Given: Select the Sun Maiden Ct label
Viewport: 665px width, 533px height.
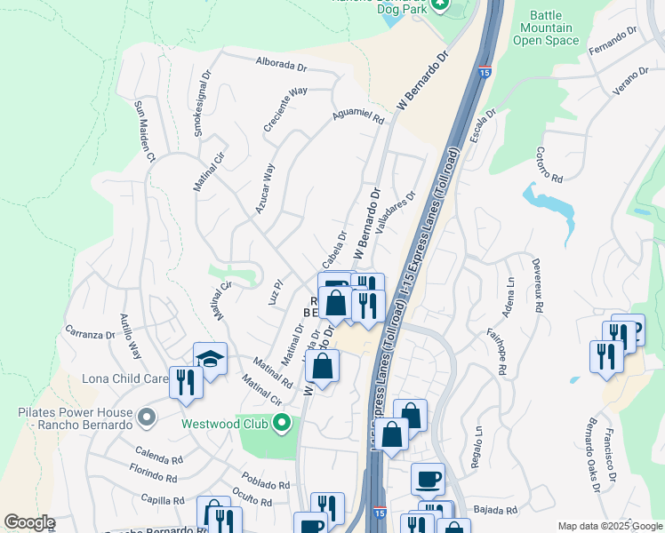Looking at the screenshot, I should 144,131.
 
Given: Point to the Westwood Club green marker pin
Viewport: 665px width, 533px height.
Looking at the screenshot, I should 283,423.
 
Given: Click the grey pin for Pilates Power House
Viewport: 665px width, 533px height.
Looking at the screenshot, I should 148,414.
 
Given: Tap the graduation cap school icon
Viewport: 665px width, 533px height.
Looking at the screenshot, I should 210,358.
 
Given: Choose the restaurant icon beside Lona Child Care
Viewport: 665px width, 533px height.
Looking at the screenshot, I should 186,382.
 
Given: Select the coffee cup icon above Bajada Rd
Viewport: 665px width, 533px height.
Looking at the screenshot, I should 428,479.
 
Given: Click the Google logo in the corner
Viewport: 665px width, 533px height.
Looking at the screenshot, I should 30,522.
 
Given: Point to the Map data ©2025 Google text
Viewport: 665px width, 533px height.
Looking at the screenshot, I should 609,526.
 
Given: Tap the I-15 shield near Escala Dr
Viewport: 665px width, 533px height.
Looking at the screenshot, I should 485,71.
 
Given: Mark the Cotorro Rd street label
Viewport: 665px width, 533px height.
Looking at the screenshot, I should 550,164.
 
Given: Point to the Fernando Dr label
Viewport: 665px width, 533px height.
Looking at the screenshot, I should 613,41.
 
